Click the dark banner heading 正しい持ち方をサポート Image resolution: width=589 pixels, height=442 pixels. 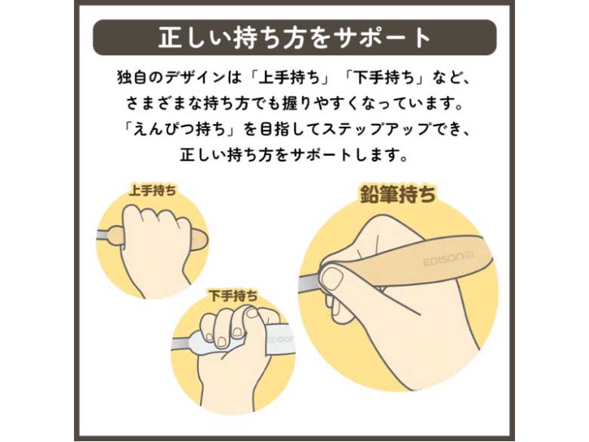pos(294,38)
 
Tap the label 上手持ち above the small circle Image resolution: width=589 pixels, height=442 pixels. pos(152,190)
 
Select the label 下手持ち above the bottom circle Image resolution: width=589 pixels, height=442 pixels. pos(233,295)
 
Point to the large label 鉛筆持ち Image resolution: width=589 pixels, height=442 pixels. pos(398,194)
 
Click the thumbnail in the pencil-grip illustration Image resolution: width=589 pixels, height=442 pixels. pos(334,280)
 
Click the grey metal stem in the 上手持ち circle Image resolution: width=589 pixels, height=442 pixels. pos(102,235)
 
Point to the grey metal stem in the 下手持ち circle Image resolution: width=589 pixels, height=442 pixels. pos(181,344)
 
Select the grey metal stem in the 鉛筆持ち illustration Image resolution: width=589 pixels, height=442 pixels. pos(310,282)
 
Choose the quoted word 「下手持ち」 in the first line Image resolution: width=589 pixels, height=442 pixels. pos(386,78)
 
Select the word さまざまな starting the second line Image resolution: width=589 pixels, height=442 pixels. pos(162,104)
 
